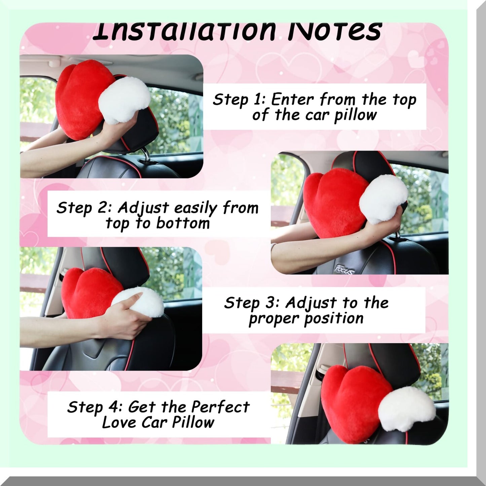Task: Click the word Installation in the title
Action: click(184, 31)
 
